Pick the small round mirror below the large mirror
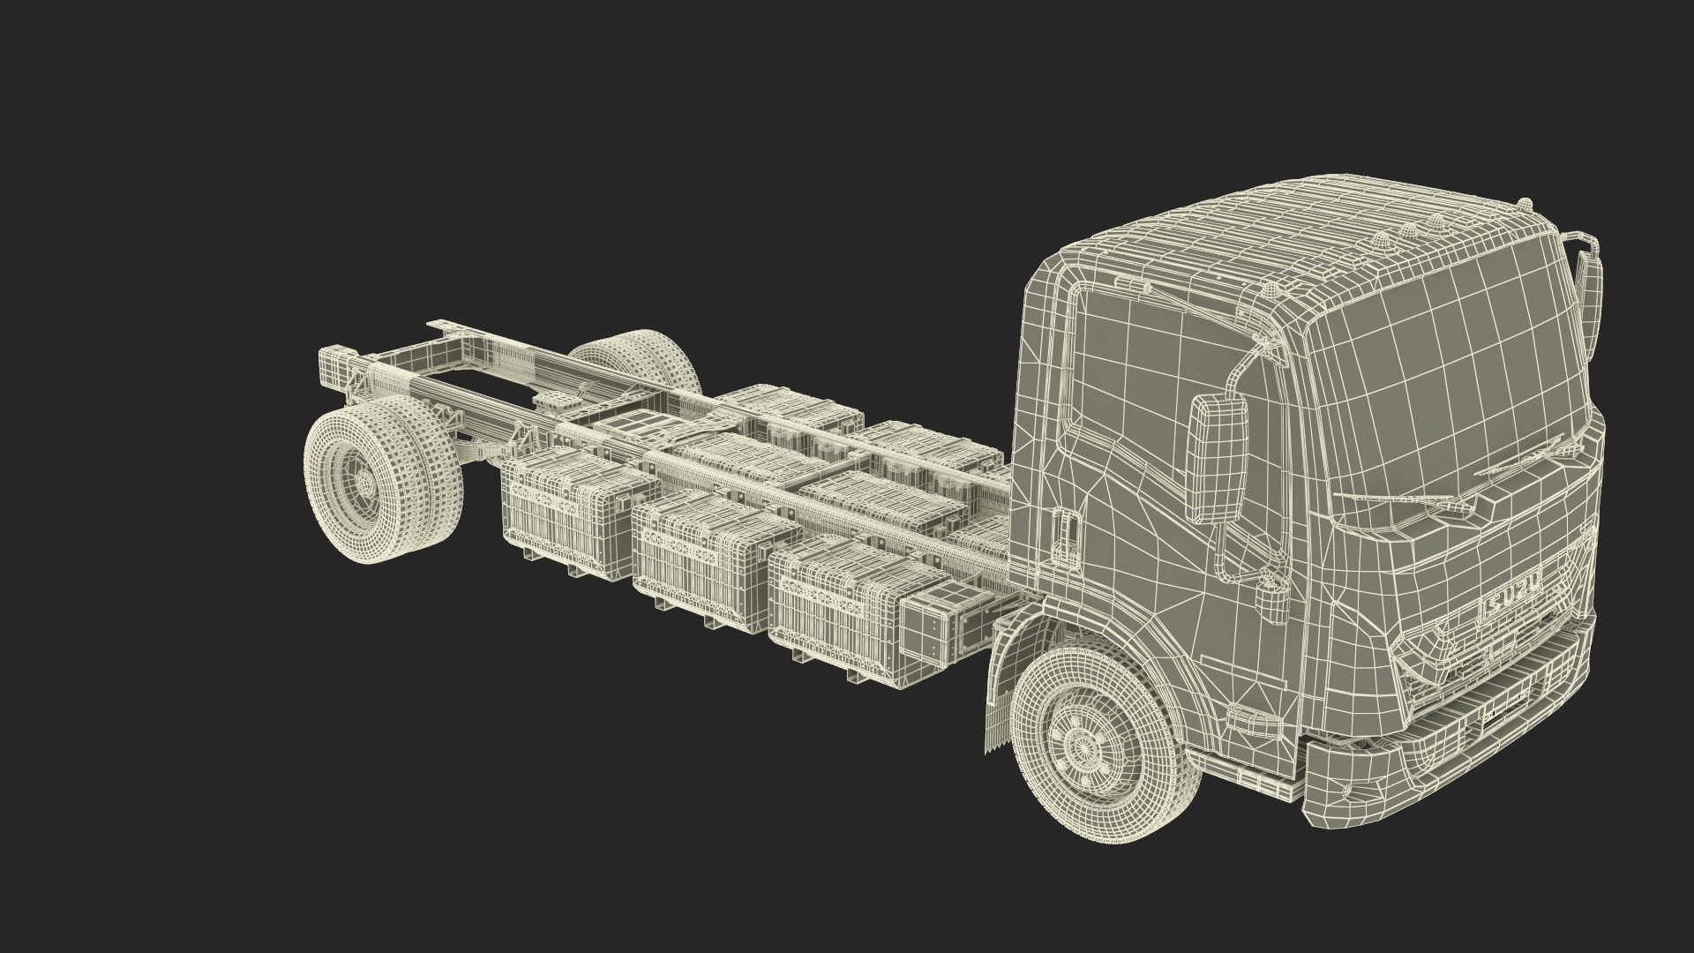click(x=1271, y=604)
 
